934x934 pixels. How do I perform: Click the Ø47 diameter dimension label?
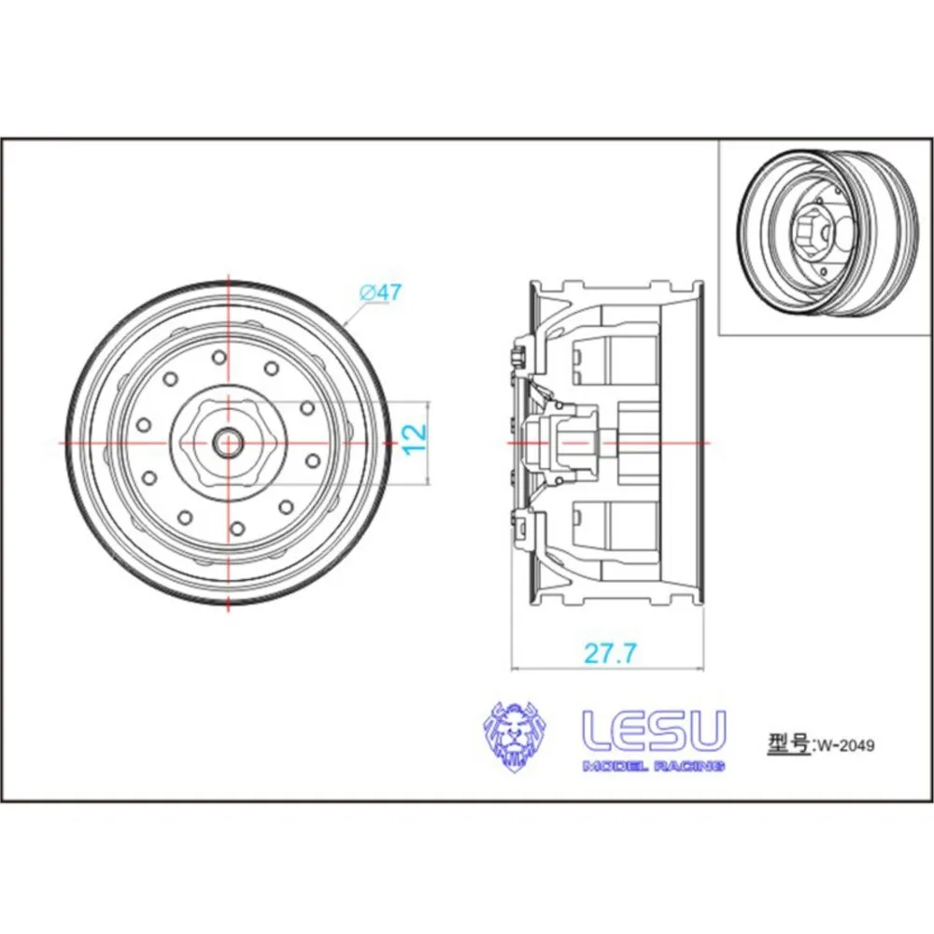coord(381,292)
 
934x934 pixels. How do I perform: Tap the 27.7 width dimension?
coord(610,653)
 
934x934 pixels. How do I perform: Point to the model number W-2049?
coord(846,745)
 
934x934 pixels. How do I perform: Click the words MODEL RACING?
coord(654,766)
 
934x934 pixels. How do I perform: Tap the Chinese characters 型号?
coord(788,744)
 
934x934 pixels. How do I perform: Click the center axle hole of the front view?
coord(228,442)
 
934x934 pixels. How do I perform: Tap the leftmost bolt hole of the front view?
coord(144,425)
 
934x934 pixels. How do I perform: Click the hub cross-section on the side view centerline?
coord(560,441)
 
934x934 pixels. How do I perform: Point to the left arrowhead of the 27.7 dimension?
coord(515,668)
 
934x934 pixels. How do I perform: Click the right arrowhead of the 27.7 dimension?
coord(704,668)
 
